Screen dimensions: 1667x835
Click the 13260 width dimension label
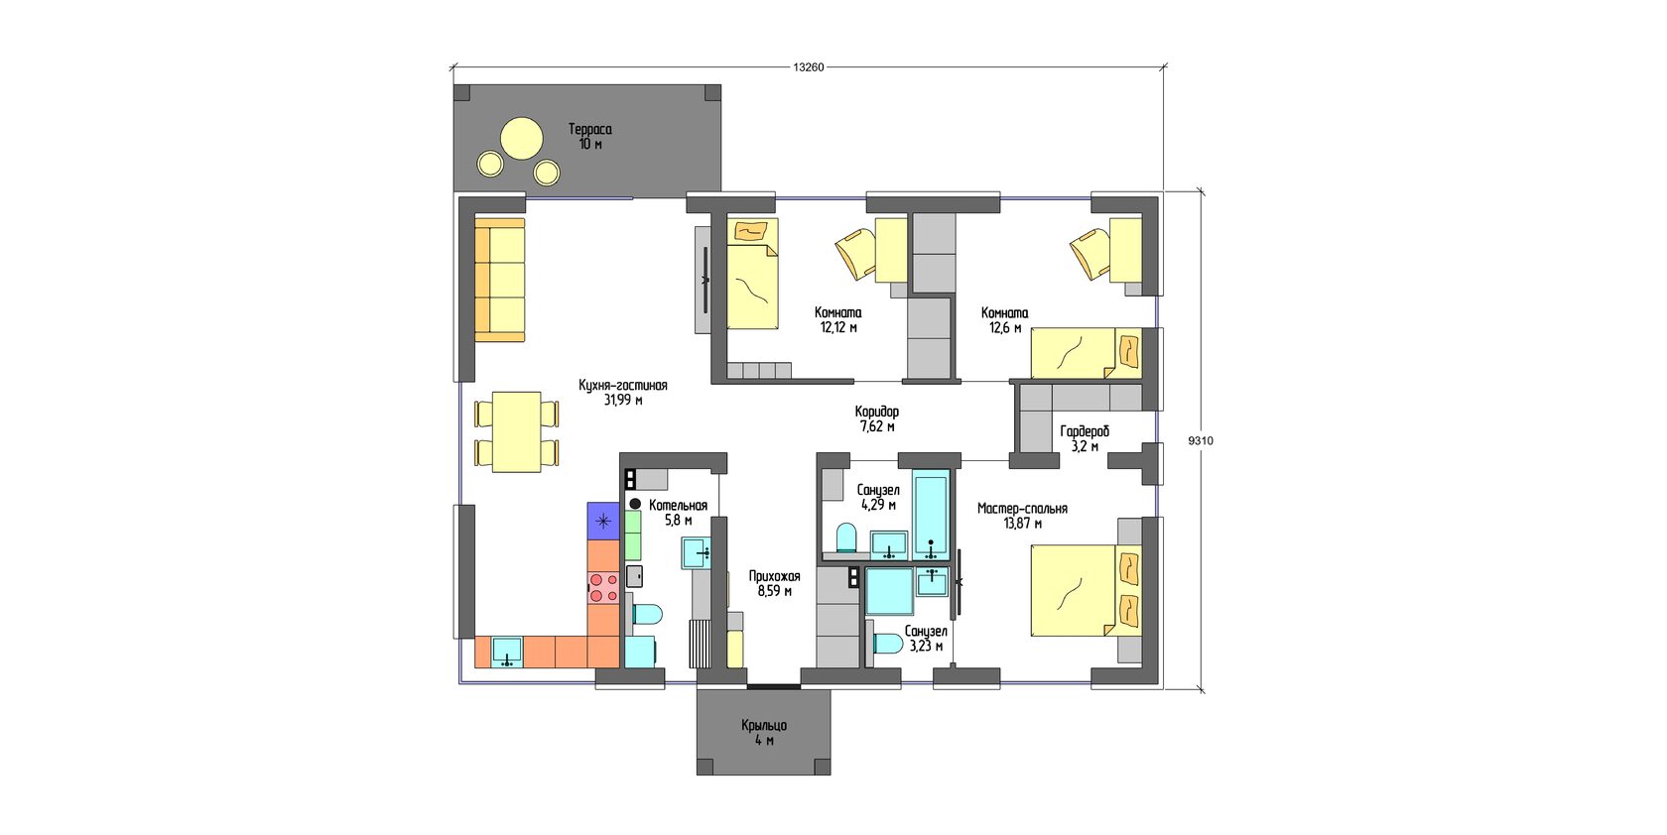click(808, 66)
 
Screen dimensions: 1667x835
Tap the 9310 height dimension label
click(1201, 441)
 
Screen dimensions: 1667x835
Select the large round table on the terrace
click(522, 138)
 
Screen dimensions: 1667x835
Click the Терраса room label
click(590, 129)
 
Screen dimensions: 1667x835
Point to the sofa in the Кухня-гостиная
click(499, 280)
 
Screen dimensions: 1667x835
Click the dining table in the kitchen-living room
click(516, 432)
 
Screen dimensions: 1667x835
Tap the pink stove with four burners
click(603, 587)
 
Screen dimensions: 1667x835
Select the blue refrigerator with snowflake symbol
click(603, 521)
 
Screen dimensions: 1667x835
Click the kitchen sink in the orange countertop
click(508, 653)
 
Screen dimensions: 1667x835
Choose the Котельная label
click(678, 506)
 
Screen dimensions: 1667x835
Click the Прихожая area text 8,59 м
click(774, 591)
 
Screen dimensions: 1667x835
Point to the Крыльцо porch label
click(764, 726)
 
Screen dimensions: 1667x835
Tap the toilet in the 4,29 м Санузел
click(846, 537)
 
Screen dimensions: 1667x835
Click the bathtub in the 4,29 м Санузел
click(931, 515)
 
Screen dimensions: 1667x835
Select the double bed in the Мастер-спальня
click(1086, 590)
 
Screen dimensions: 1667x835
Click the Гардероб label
click(1085, 432)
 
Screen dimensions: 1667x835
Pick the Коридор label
click(877, 412)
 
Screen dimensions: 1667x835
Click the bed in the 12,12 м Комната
click(752, 273)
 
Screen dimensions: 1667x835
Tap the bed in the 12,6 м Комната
click(1086, 353)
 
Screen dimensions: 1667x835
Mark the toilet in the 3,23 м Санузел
click(887, 644)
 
